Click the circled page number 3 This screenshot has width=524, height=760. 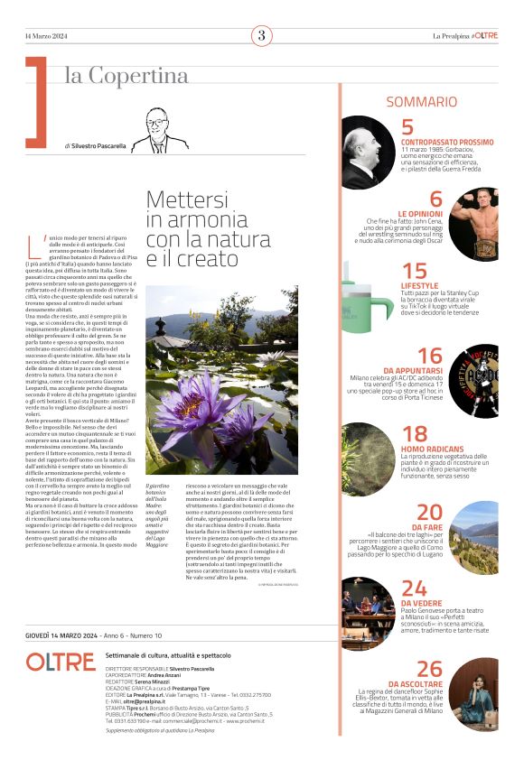[x=261, y=36]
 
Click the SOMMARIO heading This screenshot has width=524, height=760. [x=422, y=102]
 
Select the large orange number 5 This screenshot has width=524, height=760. [x=407, y=127]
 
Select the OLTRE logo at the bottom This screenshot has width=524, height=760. [x=60, y=662]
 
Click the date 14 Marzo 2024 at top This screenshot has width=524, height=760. [x=47, y=36]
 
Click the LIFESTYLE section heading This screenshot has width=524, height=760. [x=420, y=285]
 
